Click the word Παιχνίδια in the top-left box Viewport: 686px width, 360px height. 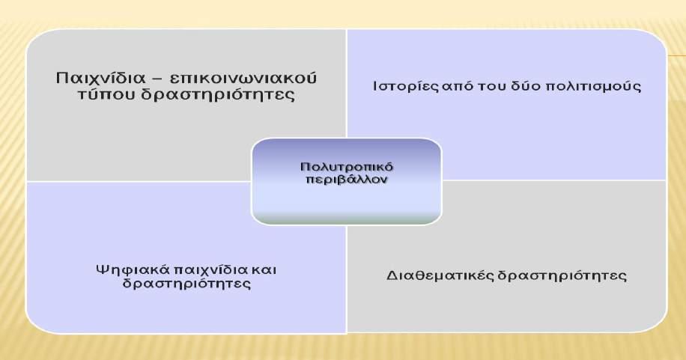(x=100, y=78)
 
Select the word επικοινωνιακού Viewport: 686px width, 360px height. (x=242, y=79)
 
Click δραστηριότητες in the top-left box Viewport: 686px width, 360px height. (x=217, y=95)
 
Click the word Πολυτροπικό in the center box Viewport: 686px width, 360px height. (x=347, y=167)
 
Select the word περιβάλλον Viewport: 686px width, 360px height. (x=347, y=180)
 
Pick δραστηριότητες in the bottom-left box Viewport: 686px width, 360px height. (x=186, y=284)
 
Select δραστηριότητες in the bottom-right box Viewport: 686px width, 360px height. (x=562, y=275)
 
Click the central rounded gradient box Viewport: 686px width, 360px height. (x=347, y=182)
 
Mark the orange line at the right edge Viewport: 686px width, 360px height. (x=676, y=55)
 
